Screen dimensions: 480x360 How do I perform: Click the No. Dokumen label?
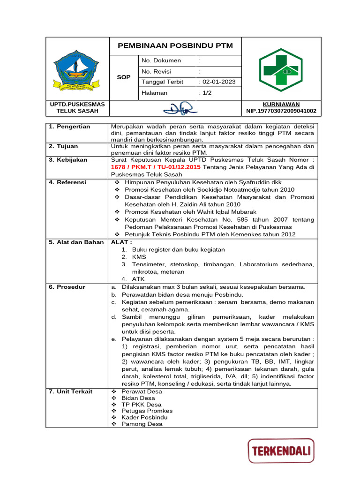click(161, 60)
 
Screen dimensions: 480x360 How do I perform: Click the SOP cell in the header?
click(123, 76)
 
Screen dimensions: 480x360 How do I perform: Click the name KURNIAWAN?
click(281, 104)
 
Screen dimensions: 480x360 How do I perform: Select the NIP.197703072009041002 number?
click(281, 111)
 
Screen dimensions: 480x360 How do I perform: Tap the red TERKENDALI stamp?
click(281, 451)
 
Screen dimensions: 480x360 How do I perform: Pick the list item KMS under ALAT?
click(139, 257)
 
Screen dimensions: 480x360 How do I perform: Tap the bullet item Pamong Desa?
click(142, 424)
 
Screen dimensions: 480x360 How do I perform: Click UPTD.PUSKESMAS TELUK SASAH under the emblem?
click(77, 107)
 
